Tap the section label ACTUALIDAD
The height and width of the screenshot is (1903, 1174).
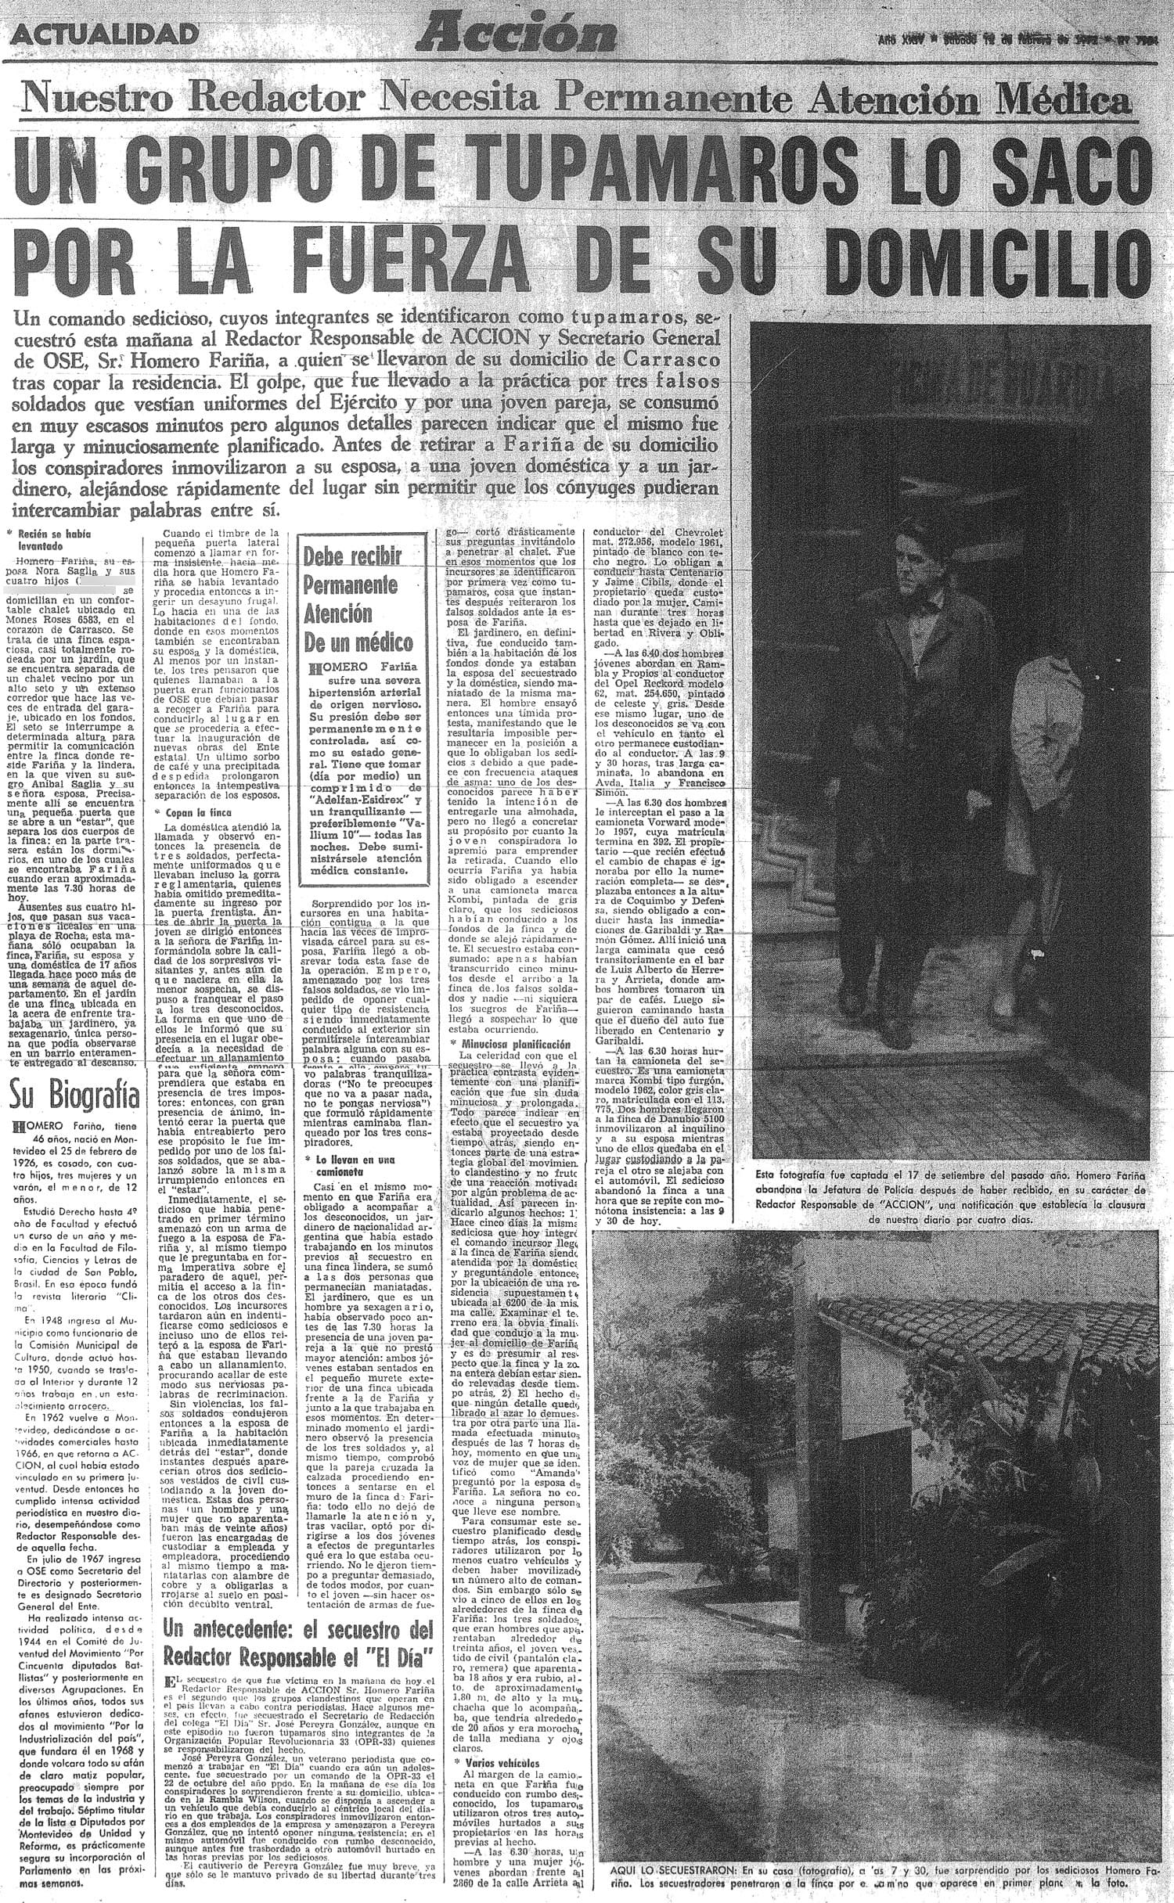point(106,34)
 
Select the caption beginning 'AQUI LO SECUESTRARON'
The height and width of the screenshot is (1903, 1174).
point(876,1886)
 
